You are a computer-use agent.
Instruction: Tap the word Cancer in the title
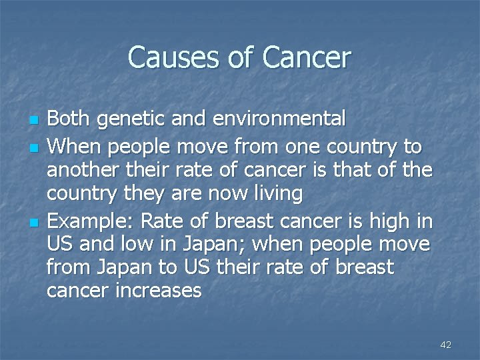(x=306, y=57)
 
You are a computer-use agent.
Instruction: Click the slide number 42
(x=446, y=345)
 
